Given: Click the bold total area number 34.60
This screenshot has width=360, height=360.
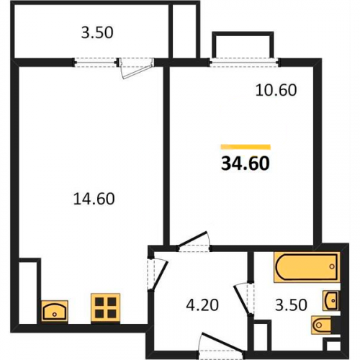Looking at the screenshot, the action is coord(246,163).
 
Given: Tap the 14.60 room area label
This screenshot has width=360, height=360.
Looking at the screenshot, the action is coord(94,199).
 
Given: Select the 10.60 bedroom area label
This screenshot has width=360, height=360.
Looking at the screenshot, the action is coord(276,90).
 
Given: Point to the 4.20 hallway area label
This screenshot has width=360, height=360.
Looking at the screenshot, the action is coord(202,305).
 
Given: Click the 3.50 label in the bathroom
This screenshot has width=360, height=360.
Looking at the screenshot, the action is coord(291,305).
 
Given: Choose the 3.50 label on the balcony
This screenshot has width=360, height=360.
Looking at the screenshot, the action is coord(97,32).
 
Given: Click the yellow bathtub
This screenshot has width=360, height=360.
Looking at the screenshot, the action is coord(307,266).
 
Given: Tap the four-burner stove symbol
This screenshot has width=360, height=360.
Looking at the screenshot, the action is coord(105,307).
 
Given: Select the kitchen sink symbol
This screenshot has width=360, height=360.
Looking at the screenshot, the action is coord(55,311).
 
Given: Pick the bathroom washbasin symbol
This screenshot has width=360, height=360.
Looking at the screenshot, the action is coord(331,300).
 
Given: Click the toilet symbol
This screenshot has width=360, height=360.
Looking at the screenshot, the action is coord(324,325).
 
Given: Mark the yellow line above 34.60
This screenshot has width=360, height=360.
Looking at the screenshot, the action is coord(246,147).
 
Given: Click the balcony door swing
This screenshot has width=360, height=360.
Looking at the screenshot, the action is coord(136,70).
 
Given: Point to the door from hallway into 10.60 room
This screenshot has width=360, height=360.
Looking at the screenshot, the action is coord(193,239).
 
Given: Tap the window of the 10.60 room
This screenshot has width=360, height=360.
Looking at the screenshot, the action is coord(244,62).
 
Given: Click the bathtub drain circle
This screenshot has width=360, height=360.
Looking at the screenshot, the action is coord(332,266).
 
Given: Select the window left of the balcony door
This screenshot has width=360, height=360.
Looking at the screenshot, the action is coord(96,62).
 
